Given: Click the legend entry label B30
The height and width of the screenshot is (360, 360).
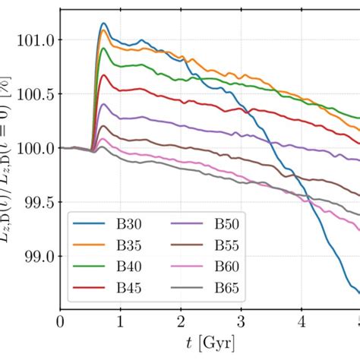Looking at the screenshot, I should click(126, 225).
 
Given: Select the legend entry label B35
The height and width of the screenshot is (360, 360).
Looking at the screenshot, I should click(126, 247).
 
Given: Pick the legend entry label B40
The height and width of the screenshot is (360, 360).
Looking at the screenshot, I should click(126, 269).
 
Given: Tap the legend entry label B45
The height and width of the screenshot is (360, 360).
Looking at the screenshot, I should click(126, 291).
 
